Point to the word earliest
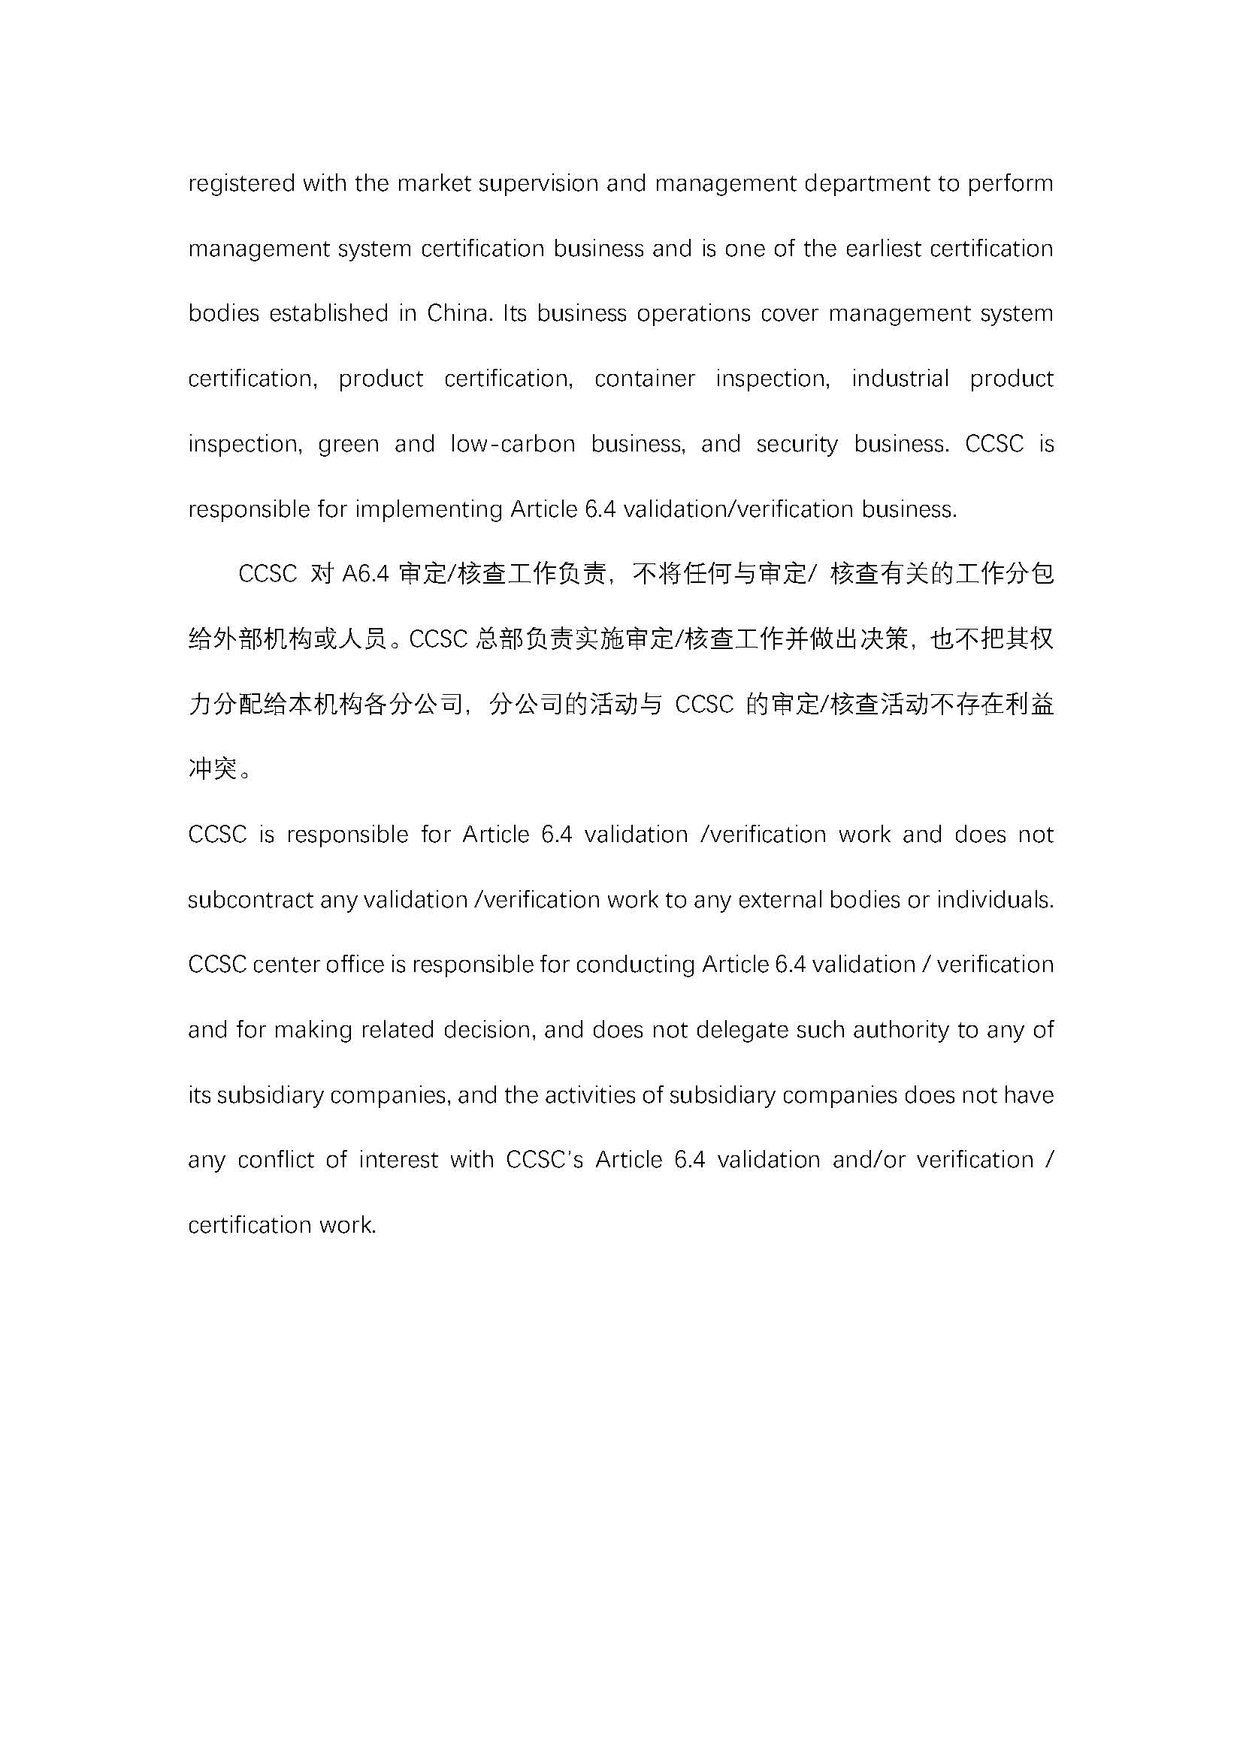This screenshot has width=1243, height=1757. point(883,249)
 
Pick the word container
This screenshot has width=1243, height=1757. point(645,379)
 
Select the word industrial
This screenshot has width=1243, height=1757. point(900,379)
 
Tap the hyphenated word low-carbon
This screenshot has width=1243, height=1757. point(512,444)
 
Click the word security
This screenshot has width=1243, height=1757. point(797,444)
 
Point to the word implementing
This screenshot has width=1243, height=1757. point(429,509)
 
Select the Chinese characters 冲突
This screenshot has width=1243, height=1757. point(213,768)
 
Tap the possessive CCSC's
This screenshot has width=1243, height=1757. point(544,1159)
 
